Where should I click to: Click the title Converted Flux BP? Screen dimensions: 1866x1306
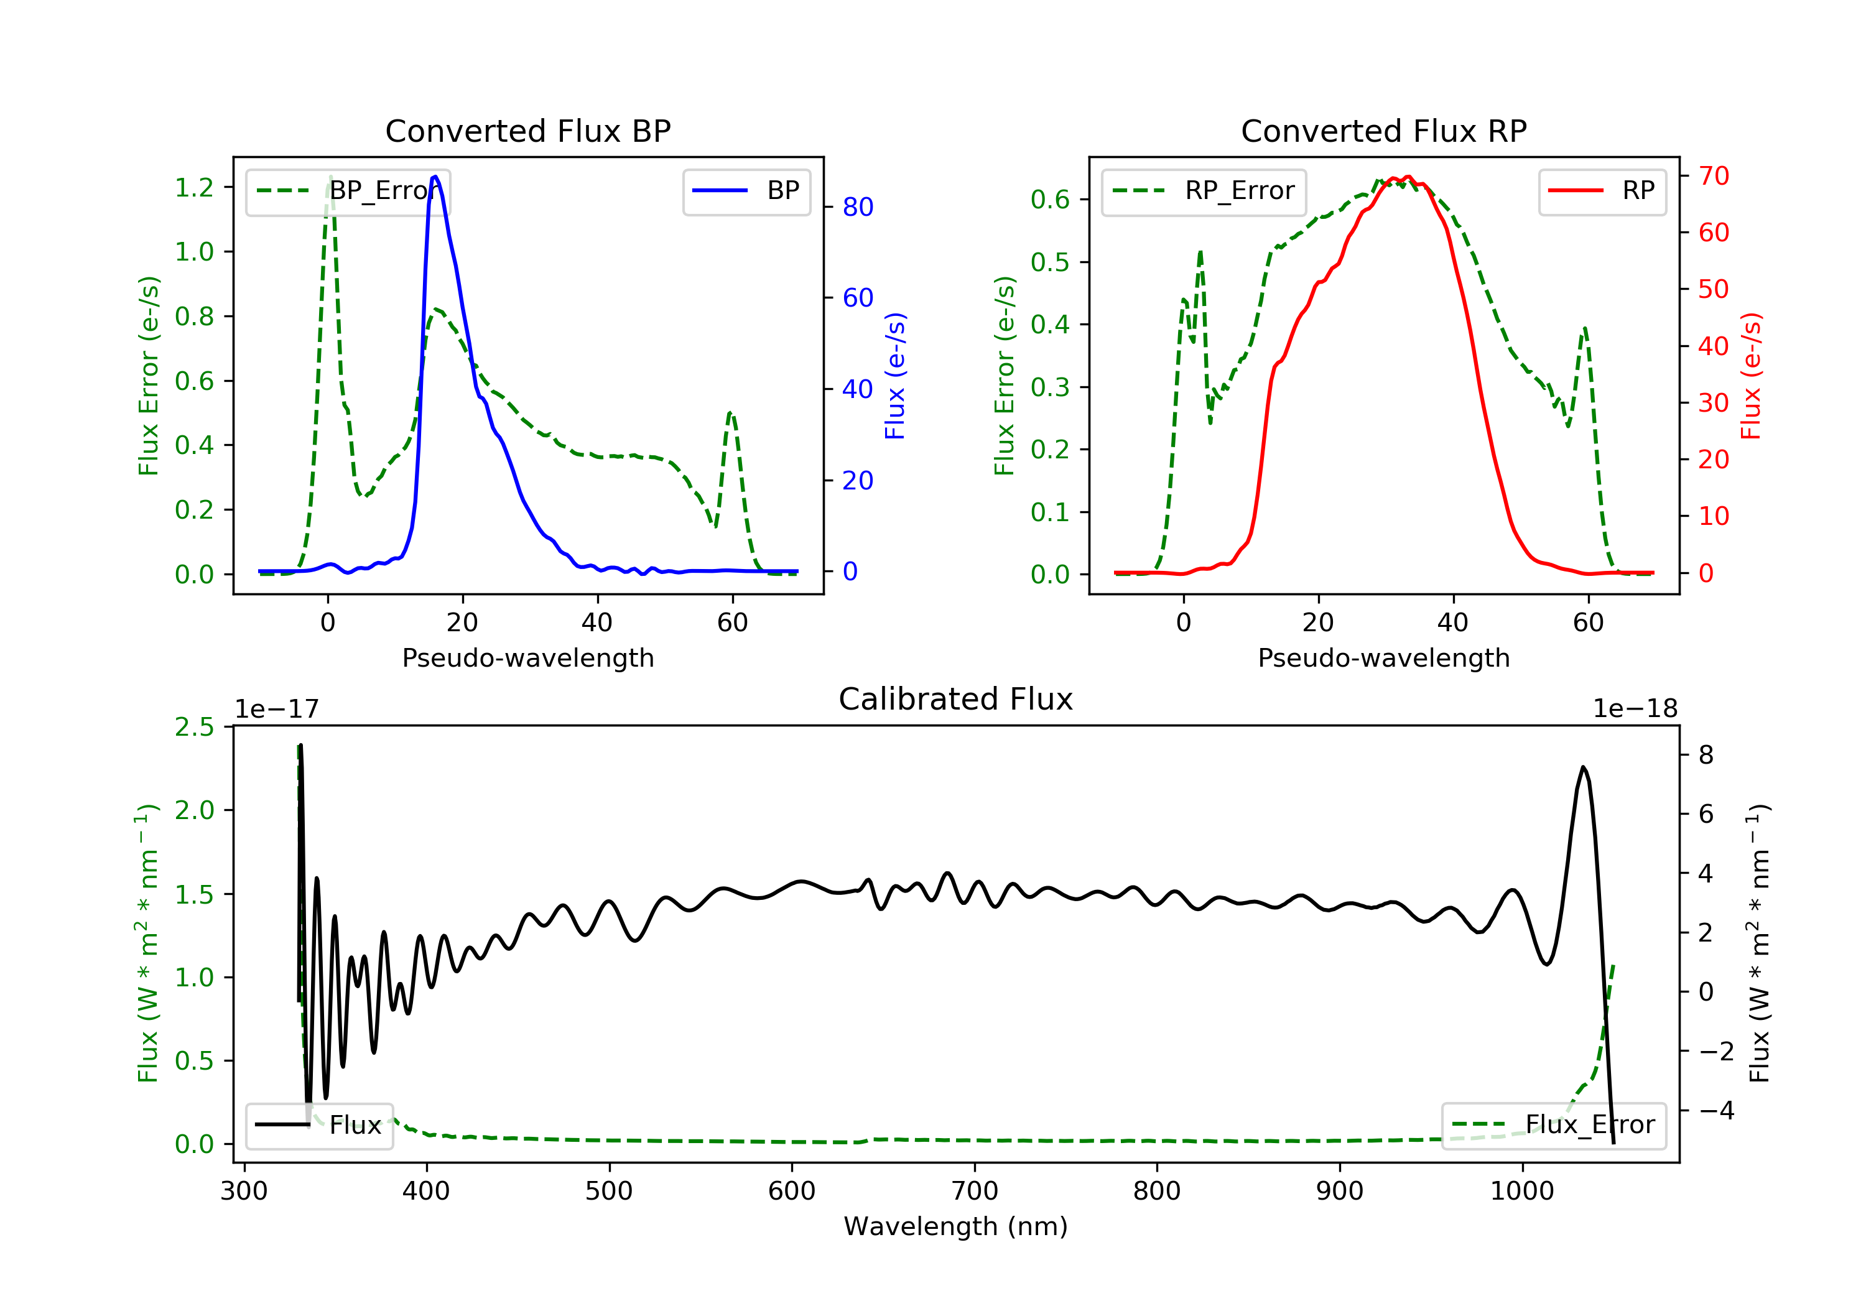pyautogui.click(x=527, y=131)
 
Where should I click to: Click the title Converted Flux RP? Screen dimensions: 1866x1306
pyautogui.click(x=1383, y=131)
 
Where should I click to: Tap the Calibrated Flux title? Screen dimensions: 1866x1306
pyautogui.click(x=956, y=699)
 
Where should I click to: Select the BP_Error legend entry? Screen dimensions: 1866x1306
pyautogui.click(x=348, y=191)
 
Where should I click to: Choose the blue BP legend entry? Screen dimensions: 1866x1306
pyautogui.click(x=746, y=191)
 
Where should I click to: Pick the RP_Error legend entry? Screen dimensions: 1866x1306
pyautogui.click(x=1204, y=191)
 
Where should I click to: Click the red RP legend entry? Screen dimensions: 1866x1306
pyautogui.click(x=1602, y=191)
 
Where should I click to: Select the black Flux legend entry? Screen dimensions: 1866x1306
pyautogui.click(x=318, y=1125)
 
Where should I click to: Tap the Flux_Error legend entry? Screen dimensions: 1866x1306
pyautogui.click(x=1553, y=1125)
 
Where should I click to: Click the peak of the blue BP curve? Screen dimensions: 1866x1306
pyautogui.click(x=435, y=177)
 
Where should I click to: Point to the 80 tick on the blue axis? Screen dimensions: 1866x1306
pyautogui.click(x=857, y=207)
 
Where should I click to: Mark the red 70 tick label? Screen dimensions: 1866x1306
pyautogui.click(x=1713, y=175)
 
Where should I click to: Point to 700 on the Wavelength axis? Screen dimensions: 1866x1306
pyautogui.click(x=975, y=1192)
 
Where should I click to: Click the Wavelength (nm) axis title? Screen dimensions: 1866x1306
pyautogui.click(x=956, y=1226)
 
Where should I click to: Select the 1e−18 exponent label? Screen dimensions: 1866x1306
pyautogui.click(x=1635, y=709)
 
